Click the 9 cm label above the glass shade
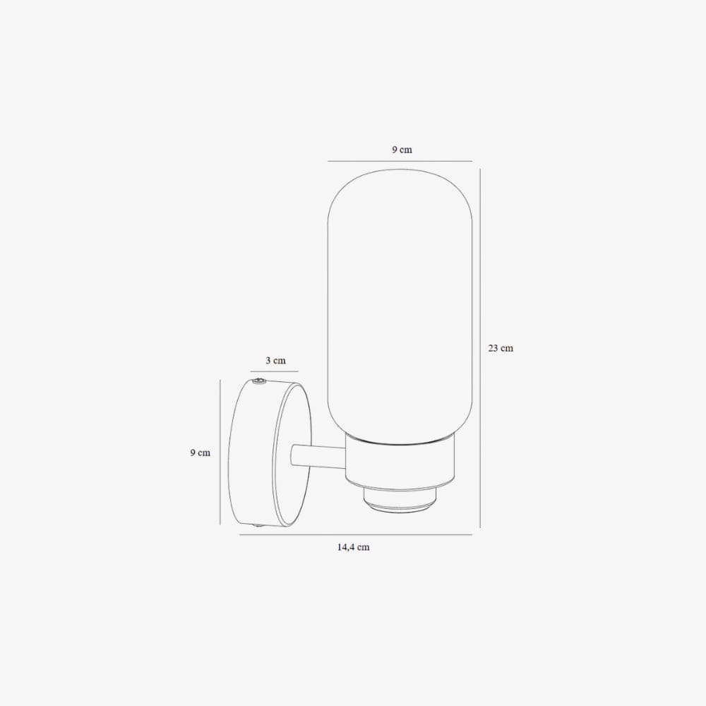(402, 150)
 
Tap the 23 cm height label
(501, 348)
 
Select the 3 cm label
(275, 361)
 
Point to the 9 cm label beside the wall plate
(200, 453)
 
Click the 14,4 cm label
(353, 547)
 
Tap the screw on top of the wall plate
(259, 381)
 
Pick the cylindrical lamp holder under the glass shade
(399, 462)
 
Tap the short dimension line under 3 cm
(274, 371)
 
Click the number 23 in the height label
(493, 348)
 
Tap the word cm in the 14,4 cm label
(363, 547)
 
